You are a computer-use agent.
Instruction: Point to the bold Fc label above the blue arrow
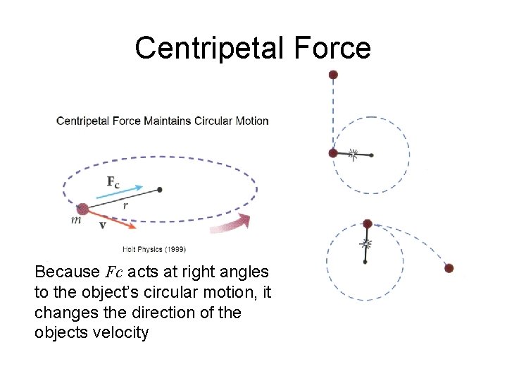[x=113, y=181]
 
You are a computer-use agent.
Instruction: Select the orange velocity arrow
[x=113, y=219]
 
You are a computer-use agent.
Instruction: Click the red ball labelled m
[x=82, y=209]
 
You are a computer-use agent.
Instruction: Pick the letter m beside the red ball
[x=75, y=221]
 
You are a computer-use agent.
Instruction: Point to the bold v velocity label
[x=103, y=226]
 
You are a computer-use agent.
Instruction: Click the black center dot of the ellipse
[x=160, y=189]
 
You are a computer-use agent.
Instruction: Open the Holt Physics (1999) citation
[x=154, y=248]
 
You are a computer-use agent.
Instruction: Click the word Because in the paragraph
[x=65, y=272]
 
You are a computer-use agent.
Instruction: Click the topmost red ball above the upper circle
[x=333, y=74]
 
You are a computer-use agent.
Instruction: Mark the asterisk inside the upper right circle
[x=353, y=153]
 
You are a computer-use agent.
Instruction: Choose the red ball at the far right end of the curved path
[x=449, y=268]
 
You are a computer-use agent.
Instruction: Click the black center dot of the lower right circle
[x=365, y=262]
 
